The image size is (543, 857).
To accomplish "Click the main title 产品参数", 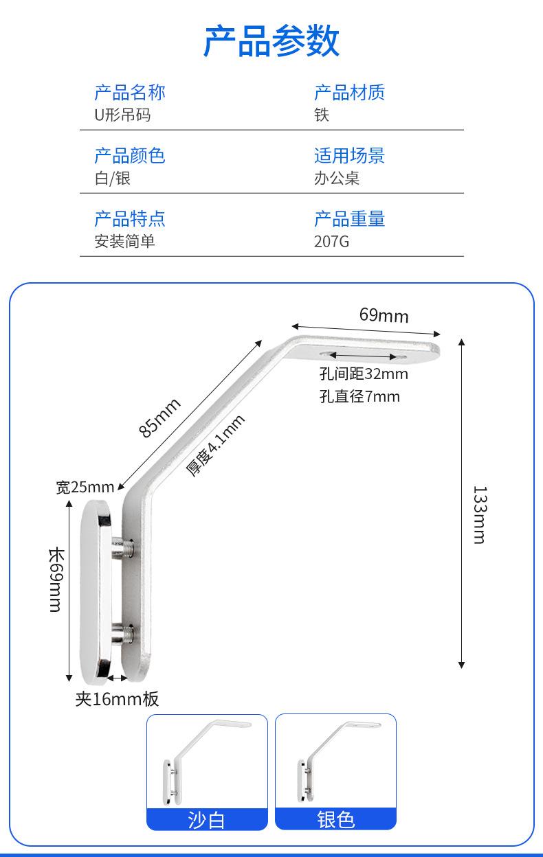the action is tap(271, 41).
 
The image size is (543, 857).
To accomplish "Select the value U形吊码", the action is tap(122, 115).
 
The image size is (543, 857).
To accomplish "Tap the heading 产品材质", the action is tap(349, 93).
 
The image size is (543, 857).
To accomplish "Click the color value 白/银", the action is tap(113, 179).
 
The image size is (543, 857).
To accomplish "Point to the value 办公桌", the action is tap(337, 179).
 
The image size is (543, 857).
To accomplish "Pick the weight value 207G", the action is tap(331, 242).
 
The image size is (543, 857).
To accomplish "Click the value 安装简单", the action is tap(124, 242).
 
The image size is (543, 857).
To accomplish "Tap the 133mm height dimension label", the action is tap(480, 514).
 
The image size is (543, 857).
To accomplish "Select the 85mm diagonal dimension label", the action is tap(159, 418).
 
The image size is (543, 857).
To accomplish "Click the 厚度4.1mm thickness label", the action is tap(215, 446).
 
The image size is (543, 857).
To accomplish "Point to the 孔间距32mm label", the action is tap(364, 374).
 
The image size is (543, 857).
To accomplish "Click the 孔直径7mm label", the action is tap(359, 396).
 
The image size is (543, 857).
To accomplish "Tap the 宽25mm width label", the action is tap(85, 487).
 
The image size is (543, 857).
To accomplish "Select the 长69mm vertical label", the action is tap(56, 580).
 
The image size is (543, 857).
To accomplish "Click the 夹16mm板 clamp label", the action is tap(117, 698).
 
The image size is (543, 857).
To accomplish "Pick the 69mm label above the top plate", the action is tap(384, 315).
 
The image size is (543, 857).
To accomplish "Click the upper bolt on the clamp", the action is tap(122, 547).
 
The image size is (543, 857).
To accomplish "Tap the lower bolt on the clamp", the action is tap(122, 633).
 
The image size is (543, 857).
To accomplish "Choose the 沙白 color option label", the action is tap(206, 821).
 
